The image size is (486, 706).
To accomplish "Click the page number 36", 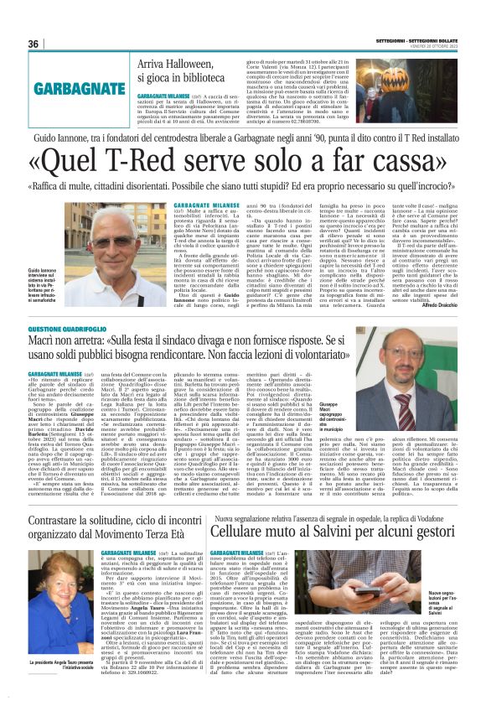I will point(34,44).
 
